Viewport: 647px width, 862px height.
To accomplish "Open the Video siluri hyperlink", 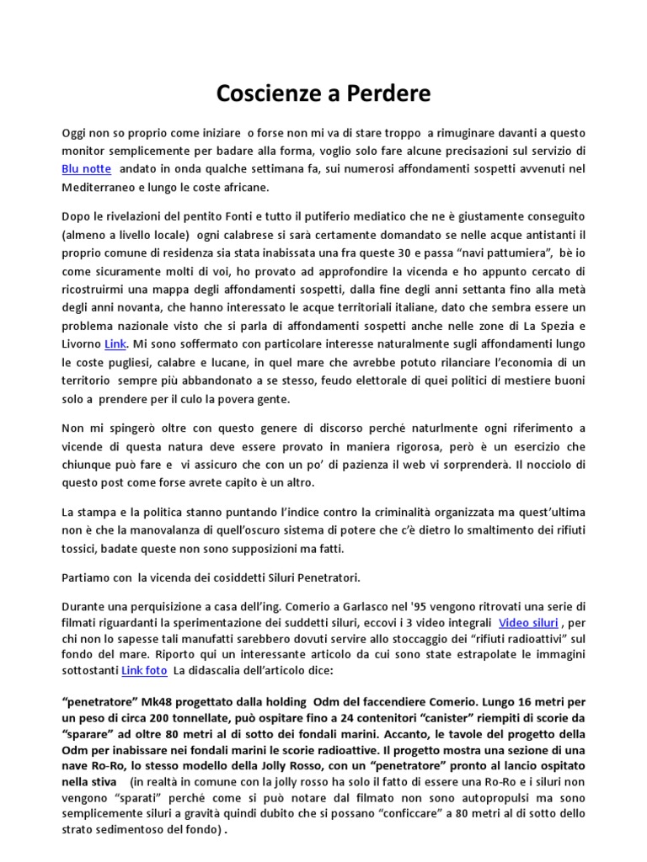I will pos(528,623).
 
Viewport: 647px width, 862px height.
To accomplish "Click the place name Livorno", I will pos(82,343).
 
